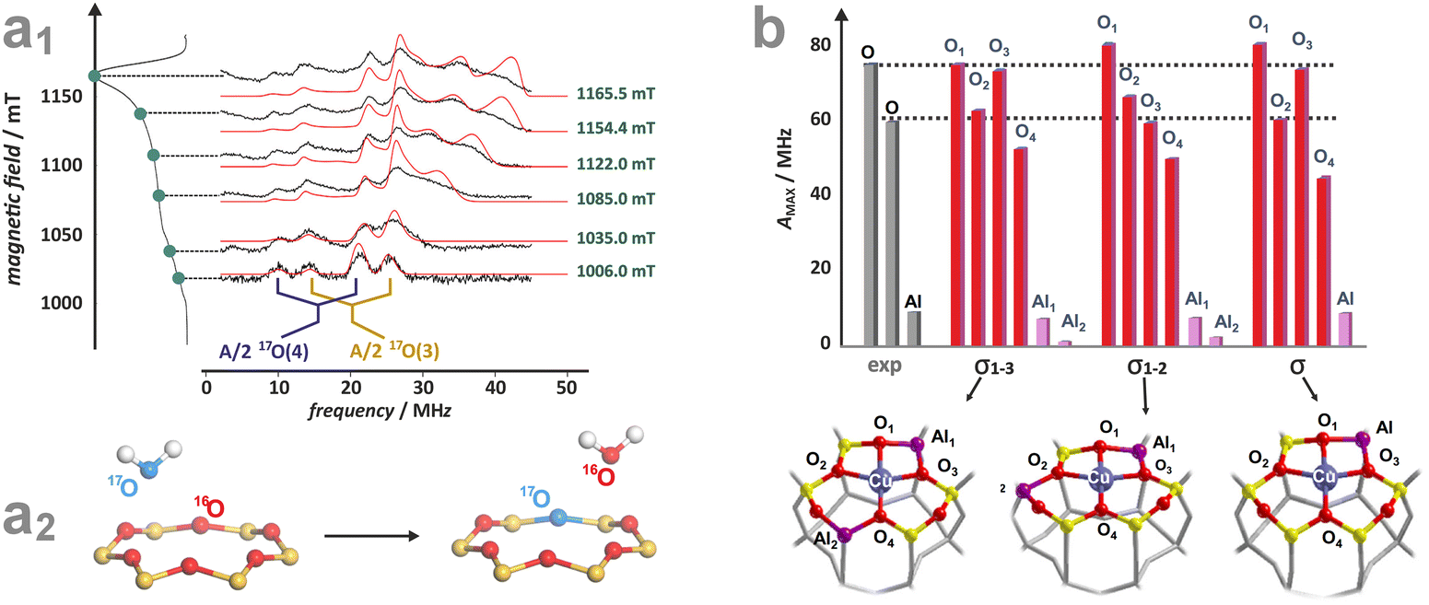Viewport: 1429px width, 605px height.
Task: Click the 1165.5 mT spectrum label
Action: (x=616, y=93)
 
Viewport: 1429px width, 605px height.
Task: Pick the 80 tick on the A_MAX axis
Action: (x=819, y=45)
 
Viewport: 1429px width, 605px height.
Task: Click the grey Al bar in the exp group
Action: (x=913, y=328)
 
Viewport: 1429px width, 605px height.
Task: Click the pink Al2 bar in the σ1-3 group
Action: (x=1065, y=343)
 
